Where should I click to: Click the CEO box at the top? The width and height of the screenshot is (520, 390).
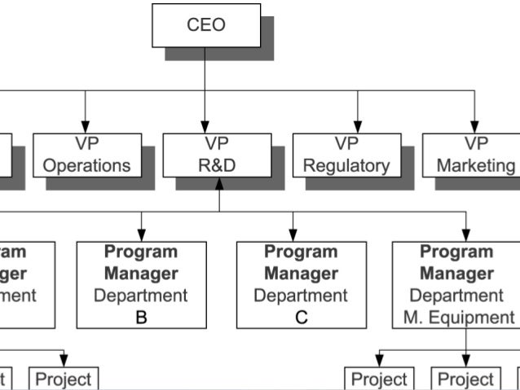tap(205, 24)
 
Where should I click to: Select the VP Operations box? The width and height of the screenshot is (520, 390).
tap(86, 155)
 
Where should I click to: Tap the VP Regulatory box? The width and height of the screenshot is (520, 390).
tap(346, 155)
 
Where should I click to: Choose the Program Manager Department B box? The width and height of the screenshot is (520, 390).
tap(141, 284)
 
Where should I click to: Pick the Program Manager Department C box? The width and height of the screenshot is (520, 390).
tap(301, 284)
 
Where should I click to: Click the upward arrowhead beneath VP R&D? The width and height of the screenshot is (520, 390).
tap(218, 184)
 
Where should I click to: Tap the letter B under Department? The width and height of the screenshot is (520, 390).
tap(141, 318)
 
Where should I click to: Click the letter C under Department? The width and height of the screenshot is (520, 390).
tap(302, 318)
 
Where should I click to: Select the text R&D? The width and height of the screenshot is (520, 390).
tap(217, 165)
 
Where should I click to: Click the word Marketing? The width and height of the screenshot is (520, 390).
tap(476, 165)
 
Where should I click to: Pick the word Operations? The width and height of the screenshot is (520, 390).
tap(86, 165)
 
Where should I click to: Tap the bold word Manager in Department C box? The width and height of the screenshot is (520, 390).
tap(301, 274)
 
